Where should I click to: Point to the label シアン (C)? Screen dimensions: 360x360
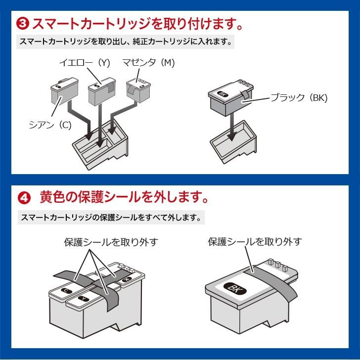(50, 125)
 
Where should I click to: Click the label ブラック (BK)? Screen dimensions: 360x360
(299, 97)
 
